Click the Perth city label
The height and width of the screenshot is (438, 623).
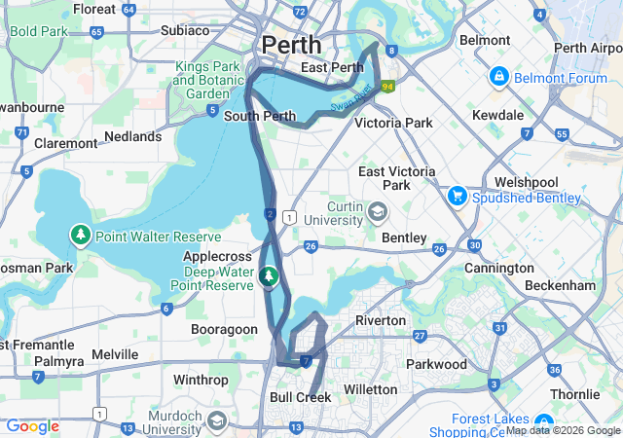[x=291, y=45]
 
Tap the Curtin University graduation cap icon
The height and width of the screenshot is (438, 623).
[x=377, y=211]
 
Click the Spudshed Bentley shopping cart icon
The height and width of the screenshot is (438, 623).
[x=456, y=195]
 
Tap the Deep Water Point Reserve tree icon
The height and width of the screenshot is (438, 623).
[x=269, y=277]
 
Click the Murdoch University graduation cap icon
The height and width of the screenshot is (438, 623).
[x=216, y=421]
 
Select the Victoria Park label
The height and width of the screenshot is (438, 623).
[x=393, y=124]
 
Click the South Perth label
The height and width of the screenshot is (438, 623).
[x=259, y=116]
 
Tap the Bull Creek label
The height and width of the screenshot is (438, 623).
[x=300, y=397]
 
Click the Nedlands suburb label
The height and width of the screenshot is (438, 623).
[x=132, y=136]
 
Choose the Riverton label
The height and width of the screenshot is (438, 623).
[x=381, y=320]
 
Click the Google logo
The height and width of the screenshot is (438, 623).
[x=33, y=426]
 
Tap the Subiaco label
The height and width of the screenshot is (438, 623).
[x=185, y=30]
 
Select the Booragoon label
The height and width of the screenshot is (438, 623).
[x=224, y=330]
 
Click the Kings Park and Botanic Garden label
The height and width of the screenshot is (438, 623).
[x=207, y=80]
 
